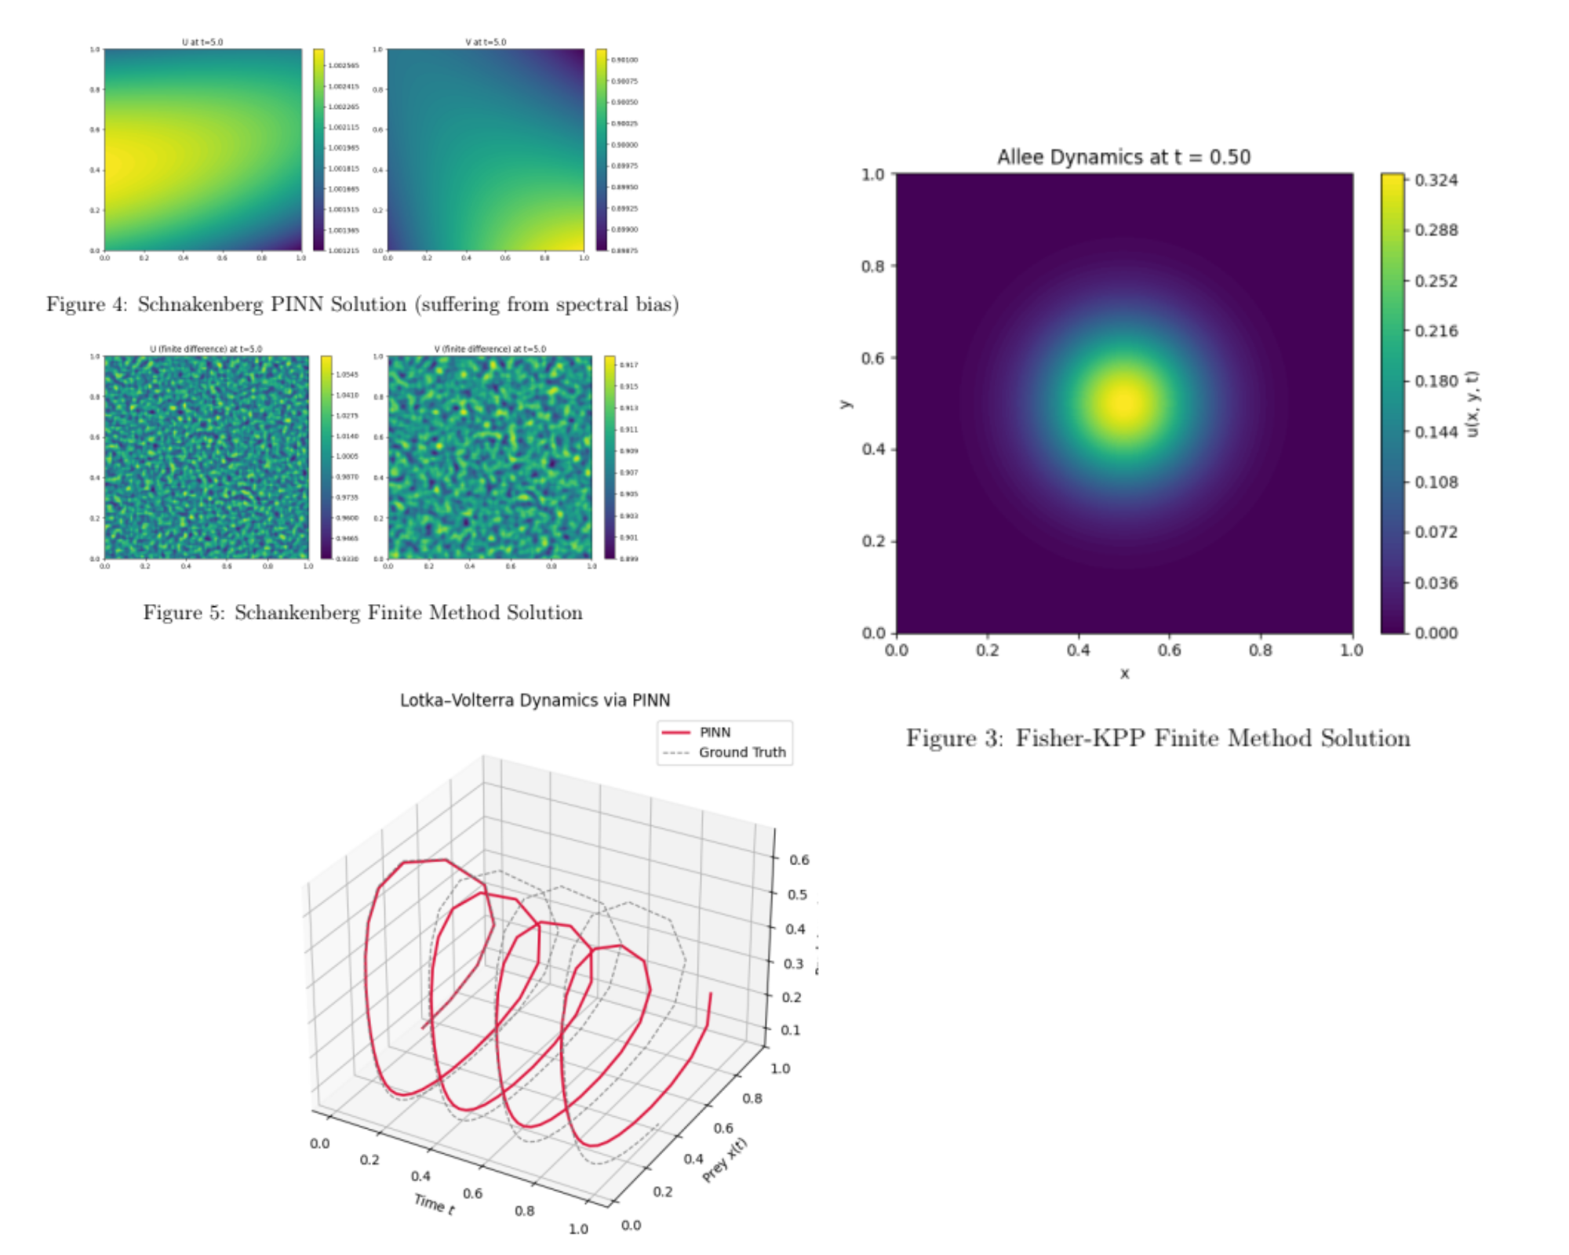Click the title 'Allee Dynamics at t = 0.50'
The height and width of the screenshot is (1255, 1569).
pyautogui.click(x=1123, y=157)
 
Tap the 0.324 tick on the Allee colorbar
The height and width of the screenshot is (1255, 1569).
pyautogui.click(x=1436, y=180)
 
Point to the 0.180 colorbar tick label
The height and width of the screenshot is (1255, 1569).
pyautogui.click(x=1436, y=381)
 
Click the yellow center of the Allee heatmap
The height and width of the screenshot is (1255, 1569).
pyautogui.click(x=1124, y=402)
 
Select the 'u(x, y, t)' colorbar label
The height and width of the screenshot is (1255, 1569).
pyautogui.click(x=1473, y=403)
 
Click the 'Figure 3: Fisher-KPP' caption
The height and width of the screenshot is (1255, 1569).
pyautogui.click(x=1158, y=738)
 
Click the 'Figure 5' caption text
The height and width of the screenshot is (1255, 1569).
pyautogui.click(x=362, y=613)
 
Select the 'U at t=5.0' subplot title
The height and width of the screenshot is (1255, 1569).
pyautogui.click(x=202, y=42)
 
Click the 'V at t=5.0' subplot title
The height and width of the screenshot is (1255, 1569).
pyautogui.click(x=486, y=42)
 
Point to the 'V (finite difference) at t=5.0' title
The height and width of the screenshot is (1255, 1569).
pyautogui.click(x=490, y=349)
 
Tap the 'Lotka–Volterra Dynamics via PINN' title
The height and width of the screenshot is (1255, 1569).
pyautogui.click(x=535, y=700)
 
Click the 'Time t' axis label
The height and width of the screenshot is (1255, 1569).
pyautogui.click(x=434, y=1203)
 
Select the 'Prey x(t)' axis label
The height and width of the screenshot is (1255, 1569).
pyautogui.click(x=725, y=1159)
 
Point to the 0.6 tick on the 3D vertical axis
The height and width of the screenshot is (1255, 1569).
pyautogui.click(x=799, y=860)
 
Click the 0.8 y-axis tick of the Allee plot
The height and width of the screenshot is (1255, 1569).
pyautogui.click(x=872, y=267)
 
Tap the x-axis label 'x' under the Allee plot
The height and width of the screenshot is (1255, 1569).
pyautogui.click(x=1124, y=674)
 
